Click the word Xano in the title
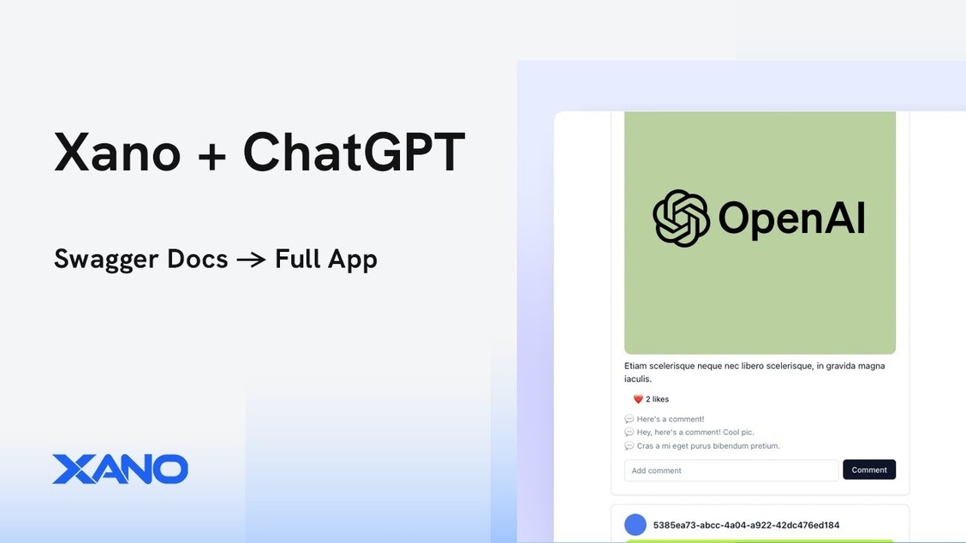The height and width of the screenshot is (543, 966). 117,152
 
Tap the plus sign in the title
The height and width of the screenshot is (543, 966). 212,154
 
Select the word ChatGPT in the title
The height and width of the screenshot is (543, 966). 354,152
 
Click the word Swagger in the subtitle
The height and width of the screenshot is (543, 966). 141,260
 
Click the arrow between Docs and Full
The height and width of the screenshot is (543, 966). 252,260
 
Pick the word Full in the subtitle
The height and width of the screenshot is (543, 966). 297,259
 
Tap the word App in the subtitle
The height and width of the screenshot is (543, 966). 352,260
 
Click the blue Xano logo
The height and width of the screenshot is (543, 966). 120,469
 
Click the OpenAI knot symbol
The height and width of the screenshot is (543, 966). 681,218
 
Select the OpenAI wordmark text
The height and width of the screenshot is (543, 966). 791,218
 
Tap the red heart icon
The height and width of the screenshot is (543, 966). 638,399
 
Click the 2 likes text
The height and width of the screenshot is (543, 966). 658,399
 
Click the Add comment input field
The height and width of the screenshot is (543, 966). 731,470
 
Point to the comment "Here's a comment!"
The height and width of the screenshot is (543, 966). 671,419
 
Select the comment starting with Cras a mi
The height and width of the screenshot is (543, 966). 708,445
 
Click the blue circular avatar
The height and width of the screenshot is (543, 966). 635,524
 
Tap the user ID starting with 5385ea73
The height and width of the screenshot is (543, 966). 746,525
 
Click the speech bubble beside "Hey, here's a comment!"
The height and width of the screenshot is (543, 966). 629,432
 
